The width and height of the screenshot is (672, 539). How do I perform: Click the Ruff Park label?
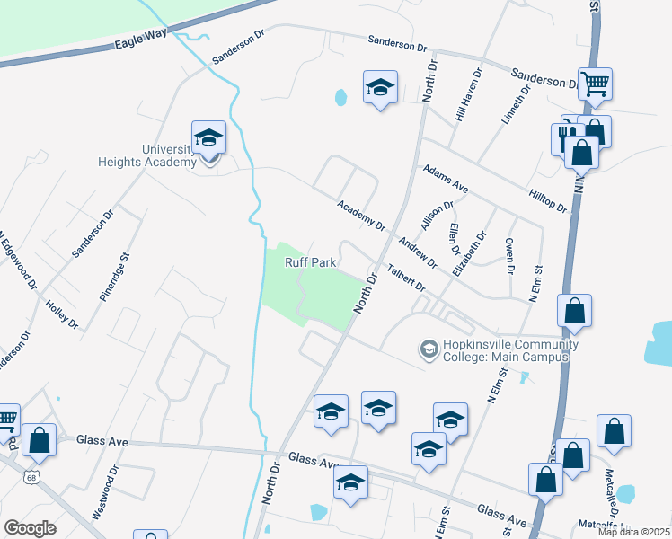pos(311,263)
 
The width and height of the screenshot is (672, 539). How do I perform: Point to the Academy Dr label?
pos(361,216)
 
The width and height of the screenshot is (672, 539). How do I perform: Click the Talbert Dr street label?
pos(405,278)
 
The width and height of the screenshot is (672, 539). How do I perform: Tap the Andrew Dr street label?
pos(418,252)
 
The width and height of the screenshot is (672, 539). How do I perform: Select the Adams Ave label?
pos(447,180)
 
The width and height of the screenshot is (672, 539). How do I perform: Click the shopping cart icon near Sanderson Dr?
pos(595,84)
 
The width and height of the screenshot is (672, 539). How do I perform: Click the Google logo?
pos(30,527)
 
